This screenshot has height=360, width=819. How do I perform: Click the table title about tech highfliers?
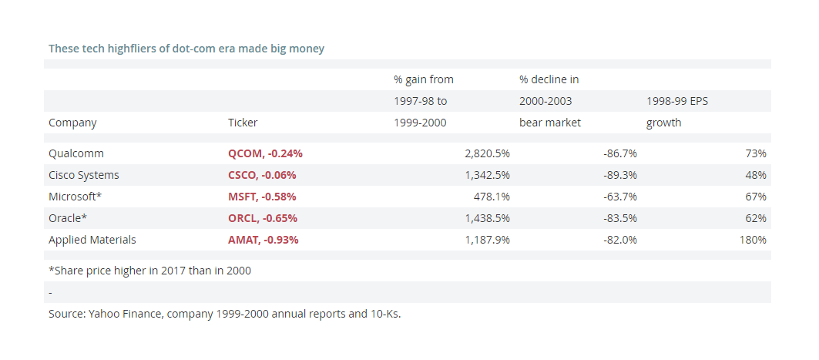point(186,49)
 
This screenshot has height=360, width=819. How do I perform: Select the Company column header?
point(72,123)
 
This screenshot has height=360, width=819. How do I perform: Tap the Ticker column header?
point(243,123)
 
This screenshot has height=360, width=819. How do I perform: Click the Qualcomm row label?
point(76,153)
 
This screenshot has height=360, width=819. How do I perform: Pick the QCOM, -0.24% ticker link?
point(265,153)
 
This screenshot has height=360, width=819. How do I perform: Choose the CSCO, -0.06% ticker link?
point(262,175)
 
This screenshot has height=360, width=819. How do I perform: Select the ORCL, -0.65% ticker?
point(263,218)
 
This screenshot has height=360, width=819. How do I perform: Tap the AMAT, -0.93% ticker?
point(263,240)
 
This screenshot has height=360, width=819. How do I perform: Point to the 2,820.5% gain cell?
point(488,153)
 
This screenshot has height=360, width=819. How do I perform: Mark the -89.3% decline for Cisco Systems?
point(620,175)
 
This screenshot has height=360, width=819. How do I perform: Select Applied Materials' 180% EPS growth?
point(753,240)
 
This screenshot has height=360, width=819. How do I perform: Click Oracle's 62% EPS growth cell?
point(756,218)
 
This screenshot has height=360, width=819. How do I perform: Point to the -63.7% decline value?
point(620,197)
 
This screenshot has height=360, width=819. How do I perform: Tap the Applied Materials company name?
point(92,240)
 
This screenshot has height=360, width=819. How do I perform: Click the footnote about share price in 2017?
point(150,271)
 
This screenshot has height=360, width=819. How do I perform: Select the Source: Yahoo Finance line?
point(225,314)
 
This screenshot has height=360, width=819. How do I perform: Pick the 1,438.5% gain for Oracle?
point(488,218)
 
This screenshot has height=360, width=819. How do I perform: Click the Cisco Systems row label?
point(83,175)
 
